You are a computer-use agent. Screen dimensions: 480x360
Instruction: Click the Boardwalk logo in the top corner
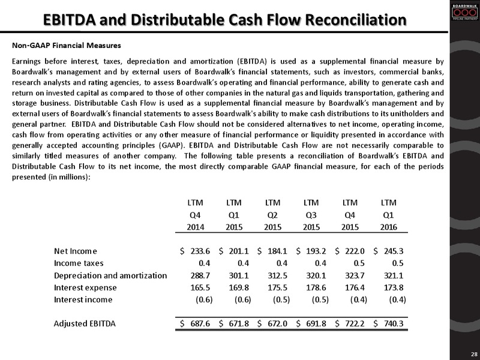coord(465,12)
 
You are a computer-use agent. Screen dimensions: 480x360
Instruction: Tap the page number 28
coord(473,353)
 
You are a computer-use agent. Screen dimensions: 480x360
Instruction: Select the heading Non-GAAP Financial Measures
coord(67,46)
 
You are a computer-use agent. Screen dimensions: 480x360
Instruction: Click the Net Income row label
coord(76,251)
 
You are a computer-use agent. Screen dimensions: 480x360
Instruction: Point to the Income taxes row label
coord(79,263)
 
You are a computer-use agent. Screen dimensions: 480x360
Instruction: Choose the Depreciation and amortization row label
coord(110,275)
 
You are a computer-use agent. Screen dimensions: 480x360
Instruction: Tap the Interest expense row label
coord(85,288)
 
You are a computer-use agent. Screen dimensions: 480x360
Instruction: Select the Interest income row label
coord(83,299)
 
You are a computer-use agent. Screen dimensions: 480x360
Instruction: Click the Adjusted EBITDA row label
coord(85,323)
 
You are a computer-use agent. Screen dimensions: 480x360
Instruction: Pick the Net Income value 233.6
coord(200,251)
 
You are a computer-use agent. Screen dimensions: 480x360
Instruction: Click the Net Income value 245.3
coord(394,251)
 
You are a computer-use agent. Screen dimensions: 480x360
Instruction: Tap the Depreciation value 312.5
coord(277,275)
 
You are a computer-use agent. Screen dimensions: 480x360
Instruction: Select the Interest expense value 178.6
coord(316,288)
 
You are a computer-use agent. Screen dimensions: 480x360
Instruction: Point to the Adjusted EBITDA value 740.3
coord(394,323)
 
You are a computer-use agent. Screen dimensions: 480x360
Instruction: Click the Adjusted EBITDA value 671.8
coord(239,323)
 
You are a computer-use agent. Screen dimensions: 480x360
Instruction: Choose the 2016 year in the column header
coord(388,227)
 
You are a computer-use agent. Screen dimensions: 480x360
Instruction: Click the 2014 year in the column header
coord(196,227)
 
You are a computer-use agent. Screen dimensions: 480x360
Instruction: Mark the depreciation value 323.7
coord(355,275)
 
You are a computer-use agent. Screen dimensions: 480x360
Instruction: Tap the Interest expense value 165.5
coord(200,288)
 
